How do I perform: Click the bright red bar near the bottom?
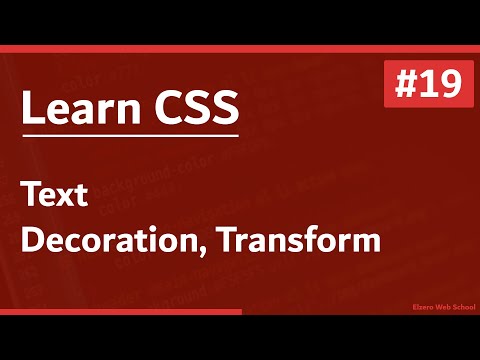coord(120,312)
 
